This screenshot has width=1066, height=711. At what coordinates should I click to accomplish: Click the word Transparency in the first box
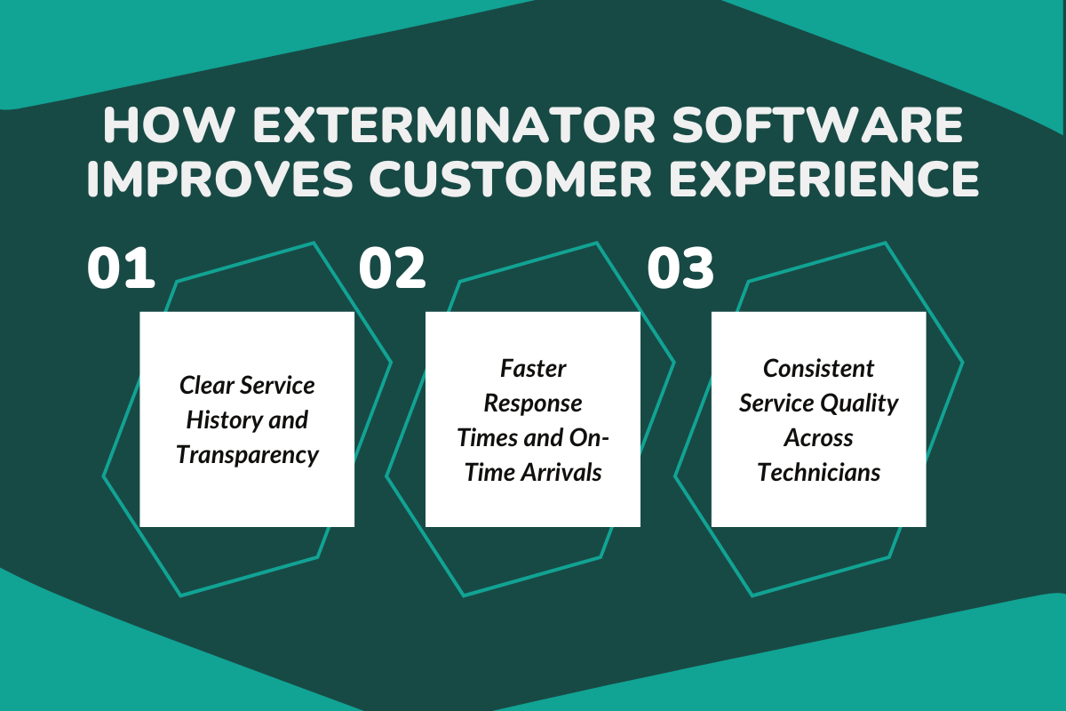click(247, 455)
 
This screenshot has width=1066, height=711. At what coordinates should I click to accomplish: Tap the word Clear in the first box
click(205, 386)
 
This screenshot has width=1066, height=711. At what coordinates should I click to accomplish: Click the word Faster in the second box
click(533, 368)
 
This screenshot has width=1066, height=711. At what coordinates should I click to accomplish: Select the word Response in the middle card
click(533, 403)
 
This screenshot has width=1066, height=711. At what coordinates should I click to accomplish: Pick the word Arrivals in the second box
click(561, 472)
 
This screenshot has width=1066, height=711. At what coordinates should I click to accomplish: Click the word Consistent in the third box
click(818, 368)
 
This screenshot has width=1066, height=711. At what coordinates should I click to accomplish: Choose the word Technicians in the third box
click(818, 472)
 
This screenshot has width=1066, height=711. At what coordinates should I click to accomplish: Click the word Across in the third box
click(818, 437)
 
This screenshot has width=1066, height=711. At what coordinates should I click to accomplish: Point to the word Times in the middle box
click(484, 437)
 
